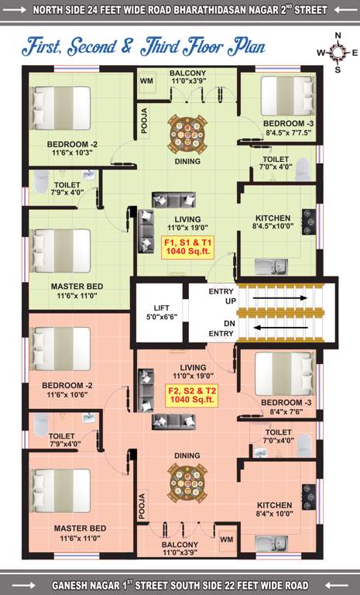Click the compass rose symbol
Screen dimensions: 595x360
(338, 53)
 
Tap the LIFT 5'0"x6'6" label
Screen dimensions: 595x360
(162, 312)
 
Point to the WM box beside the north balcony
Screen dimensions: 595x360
(147, 80)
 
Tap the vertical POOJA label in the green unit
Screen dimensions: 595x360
(144, 120)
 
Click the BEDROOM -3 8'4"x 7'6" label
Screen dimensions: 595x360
(286, 408)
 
